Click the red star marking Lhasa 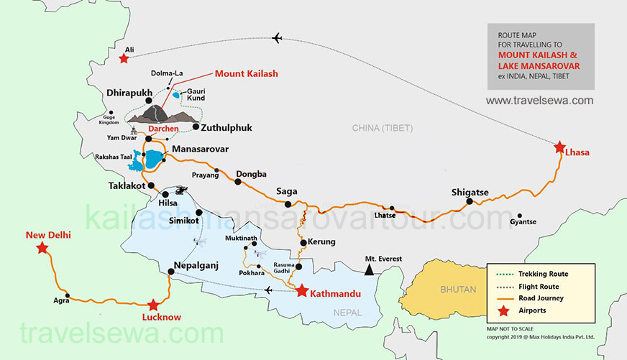click(560, 148)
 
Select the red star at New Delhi click(42, 248)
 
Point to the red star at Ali click(124, 58)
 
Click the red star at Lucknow click(152, 305)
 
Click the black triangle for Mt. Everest click(369, 270)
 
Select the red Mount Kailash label click(247, 73)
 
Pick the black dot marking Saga click(288, 204)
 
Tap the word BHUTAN click(458, 290)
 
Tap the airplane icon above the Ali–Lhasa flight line click(278, 38)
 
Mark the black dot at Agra click(68, 295)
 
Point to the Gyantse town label click(523, 222)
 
